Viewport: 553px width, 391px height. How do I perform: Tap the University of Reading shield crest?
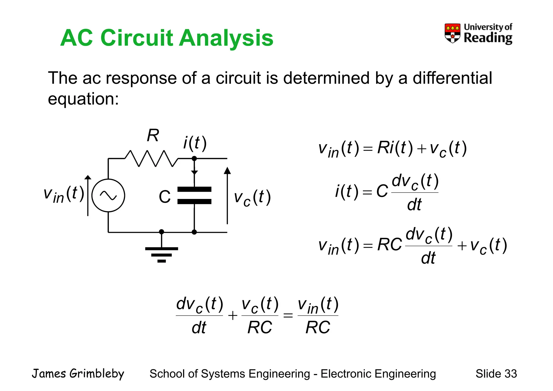coord(453,33)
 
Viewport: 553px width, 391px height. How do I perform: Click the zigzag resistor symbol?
coord(151,159)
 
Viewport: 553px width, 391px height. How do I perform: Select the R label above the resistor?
coord(153,135)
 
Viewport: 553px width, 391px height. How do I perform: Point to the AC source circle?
coord(108,195)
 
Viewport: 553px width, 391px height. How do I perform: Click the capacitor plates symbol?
coord(194,195)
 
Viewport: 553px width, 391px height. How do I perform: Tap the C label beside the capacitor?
coord(164,197)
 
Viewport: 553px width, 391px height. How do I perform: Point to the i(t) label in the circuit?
coord(195,143)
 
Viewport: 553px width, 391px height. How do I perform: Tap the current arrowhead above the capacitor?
coord(194,173)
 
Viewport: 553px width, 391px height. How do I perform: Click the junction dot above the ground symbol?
coord(161,232)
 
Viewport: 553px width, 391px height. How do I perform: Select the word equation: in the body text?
coord(83,99)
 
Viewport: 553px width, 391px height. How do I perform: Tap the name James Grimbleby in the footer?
coord(78,374)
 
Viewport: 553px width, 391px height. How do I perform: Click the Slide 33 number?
coord(496,374)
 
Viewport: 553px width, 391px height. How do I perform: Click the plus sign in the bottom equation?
coord(232,315)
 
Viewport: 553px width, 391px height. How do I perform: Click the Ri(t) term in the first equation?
coord(395,148)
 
